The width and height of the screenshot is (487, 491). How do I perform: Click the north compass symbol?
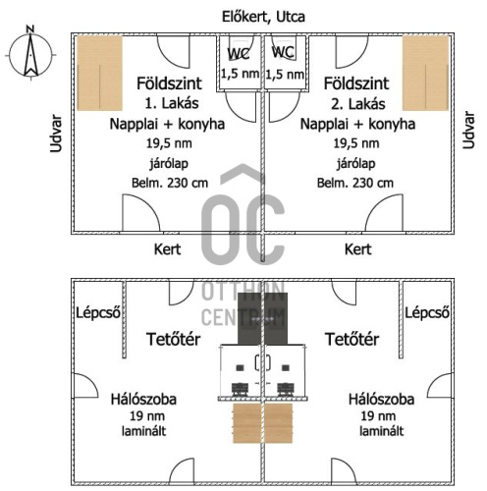point(30,53)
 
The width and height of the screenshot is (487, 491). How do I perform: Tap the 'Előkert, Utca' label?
point(263,17)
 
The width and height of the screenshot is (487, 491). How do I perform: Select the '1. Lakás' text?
point(172,103)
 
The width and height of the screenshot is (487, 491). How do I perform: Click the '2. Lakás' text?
point(358,104)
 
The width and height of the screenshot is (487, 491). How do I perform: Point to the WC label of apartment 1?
point(239,54)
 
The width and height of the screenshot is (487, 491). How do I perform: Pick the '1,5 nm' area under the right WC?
point(285,75)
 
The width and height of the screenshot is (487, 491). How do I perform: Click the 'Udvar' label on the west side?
point(56,134)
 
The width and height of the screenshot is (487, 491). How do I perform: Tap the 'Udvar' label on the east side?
point(468,130)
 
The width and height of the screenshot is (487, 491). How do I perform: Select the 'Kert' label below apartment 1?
point(167,249)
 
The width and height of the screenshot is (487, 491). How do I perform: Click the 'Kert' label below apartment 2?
point(357,249)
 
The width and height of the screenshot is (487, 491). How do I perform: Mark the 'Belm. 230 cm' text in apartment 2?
point(355,183)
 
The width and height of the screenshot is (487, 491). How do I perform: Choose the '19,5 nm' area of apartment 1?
point(169,143)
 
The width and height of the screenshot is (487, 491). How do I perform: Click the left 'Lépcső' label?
point(98,313)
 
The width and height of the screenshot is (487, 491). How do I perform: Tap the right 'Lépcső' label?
point(427,313)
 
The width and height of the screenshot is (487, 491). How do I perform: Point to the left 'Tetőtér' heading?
point(173,339)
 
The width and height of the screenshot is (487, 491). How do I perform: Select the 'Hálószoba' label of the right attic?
point(381,400)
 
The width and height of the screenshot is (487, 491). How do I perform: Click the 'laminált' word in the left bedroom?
point(144,431)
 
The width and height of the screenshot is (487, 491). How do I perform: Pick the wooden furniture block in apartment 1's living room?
point(100,73)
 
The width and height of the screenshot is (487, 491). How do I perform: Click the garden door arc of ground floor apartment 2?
point(384,213)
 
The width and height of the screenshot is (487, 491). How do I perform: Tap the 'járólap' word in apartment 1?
point(169,163)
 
